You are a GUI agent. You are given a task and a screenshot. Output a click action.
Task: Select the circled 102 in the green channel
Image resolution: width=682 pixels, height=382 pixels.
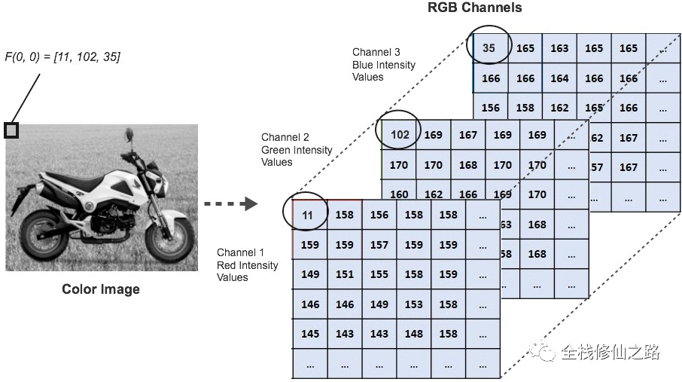[400, 135]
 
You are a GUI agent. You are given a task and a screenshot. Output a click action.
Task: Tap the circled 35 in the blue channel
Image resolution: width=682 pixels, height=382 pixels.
[489, 47]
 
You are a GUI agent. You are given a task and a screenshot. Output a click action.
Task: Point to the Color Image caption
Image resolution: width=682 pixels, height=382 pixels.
[101, 289]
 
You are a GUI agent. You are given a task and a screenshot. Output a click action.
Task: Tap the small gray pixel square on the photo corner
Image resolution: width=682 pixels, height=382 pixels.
[11, 130]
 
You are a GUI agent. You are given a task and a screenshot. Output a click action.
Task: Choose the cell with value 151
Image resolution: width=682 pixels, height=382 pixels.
[345, 274]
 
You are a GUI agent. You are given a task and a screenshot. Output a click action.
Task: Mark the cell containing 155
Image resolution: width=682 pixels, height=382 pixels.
[379, 274]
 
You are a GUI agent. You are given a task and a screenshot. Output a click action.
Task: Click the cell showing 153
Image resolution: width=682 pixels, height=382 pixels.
[414, 304]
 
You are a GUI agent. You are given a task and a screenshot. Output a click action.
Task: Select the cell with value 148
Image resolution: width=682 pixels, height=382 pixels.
[414, 334]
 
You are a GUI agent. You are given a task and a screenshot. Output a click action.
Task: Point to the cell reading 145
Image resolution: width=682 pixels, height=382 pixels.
[310, 334]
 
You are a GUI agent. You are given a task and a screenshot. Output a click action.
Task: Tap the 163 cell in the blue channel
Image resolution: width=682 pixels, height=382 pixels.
[559, 48]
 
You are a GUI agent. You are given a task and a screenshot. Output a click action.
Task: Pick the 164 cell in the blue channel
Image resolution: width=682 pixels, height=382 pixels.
[559, 78]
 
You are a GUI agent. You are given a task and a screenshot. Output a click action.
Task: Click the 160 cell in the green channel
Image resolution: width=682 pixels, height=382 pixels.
[400, 194]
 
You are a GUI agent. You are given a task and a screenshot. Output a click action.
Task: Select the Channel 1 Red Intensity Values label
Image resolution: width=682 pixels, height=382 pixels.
[247, 264]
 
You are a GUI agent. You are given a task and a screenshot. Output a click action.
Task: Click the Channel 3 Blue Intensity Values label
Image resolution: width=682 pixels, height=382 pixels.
[383, 65]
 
